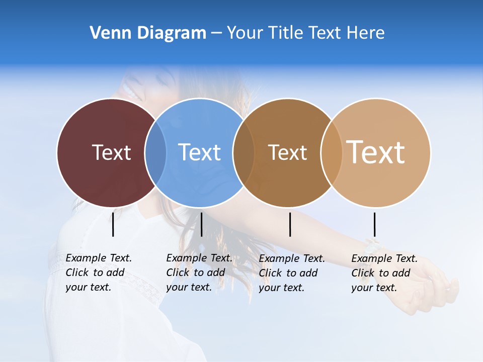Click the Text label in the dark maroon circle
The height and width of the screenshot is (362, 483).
click(x=111, y=152)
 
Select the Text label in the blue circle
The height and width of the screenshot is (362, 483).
click(x=199, y=152)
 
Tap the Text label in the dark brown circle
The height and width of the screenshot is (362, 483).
click(x=287, y=152)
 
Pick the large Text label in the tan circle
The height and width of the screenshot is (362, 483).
click(x=375, y=152)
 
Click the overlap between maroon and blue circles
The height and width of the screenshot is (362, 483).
click(x=155, y=152)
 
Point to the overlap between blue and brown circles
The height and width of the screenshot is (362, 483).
click(x=244, y=152)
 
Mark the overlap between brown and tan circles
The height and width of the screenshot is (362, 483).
click(x=332, y=152)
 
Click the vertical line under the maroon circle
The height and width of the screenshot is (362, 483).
click(x=113, y=224)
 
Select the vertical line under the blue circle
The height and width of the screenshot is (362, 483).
click(x=201, y=224)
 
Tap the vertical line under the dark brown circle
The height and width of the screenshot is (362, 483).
click(x=290, y=224)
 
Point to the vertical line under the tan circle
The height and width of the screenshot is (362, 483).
click(x=374, y=224)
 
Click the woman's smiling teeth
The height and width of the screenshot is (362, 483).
click(x=129, y=93)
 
